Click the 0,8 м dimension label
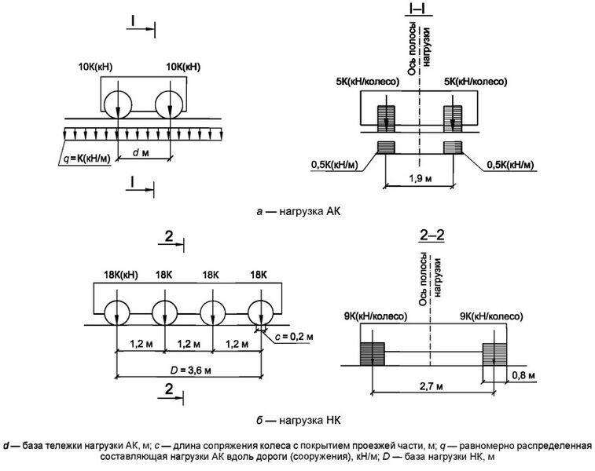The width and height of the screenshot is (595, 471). coord(520,376)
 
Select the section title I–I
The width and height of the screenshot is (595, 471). coord(417,9)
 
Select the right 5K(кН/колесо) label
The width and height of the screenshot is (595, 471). coord(476,81)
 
